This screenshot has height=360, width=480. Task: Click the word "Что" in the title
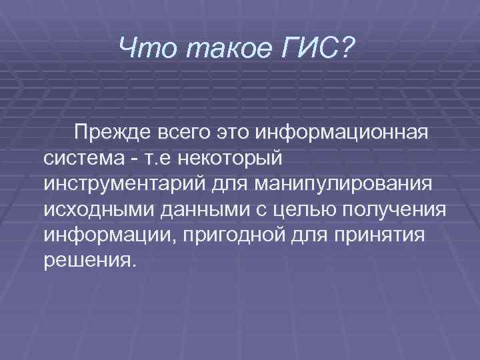point(141,47)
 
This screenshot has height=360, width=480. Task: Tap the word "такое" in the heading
point(216,47)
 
